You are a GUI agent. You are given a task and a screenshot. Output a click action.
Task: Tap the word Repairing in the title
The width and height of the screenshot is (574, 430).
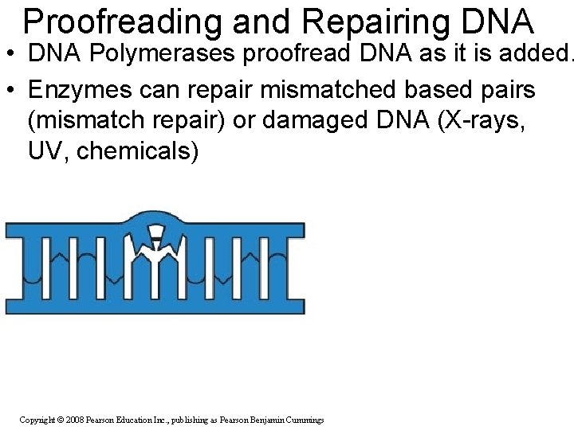point(359,22)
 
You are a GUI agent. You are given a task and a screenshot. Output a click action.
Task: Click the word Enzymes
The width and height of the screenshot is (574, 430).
point(69,89)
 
